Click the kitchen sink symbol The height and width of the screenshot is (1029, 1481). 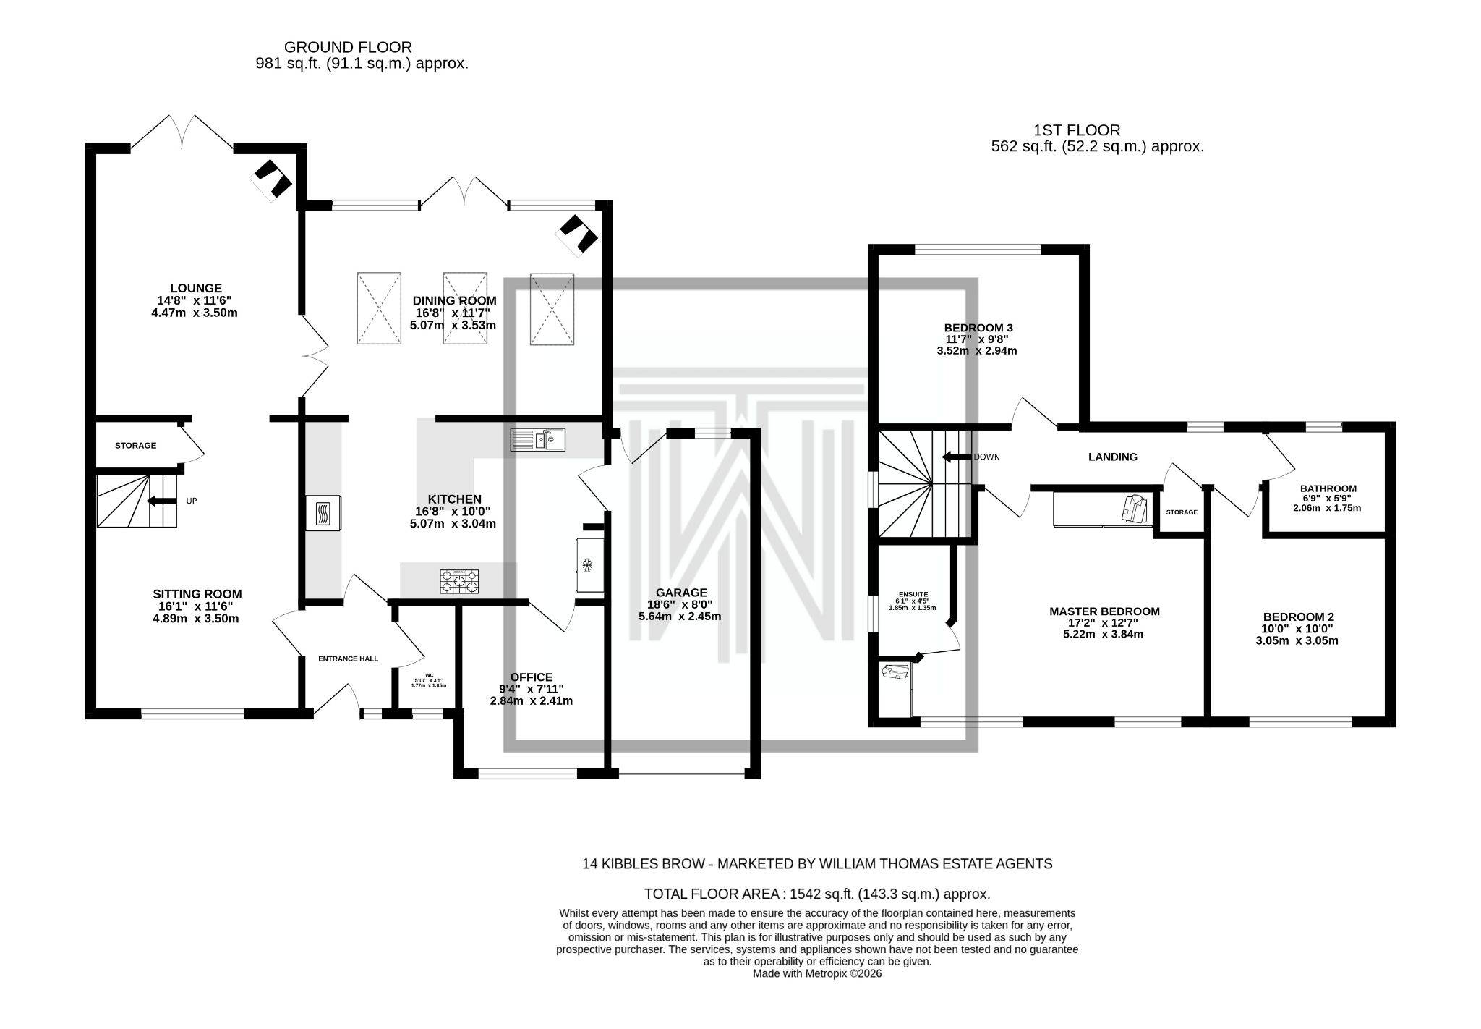pyautogui.click(x=539, y=439)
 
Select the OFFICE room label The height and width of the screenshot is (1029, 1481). pyautogui.click(x=531, y=677)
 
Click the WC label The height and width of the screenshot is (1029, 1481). pyautogui.click(x=429, y=676)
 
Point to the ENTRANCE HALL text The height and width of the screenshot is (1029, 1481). pyautogui.click(x=348, y=659)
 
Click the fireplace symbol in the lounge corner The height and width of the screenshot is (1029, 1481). pyautogui.click(x=271, y=179)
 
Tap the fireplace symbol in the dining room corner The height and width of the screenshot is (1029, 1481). pyautogui.click(x=576, y=234)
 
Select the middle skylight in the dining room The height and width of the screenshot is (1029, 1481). pyautogui.click(x=464, y=309)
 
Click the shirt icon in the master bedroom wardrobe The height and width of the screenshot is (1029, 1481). pyautogui.click(x=1134, y=508)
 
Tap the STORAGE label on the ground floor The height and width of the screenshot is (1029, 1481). pyautogui.click(x=135, y=446)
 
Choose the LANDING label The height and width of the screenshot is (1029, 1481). pyautogui.click(x=1113, y=457)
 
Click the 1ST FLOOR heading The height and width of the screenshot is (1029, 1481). pyautogui.click(x=1077, y=130)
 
